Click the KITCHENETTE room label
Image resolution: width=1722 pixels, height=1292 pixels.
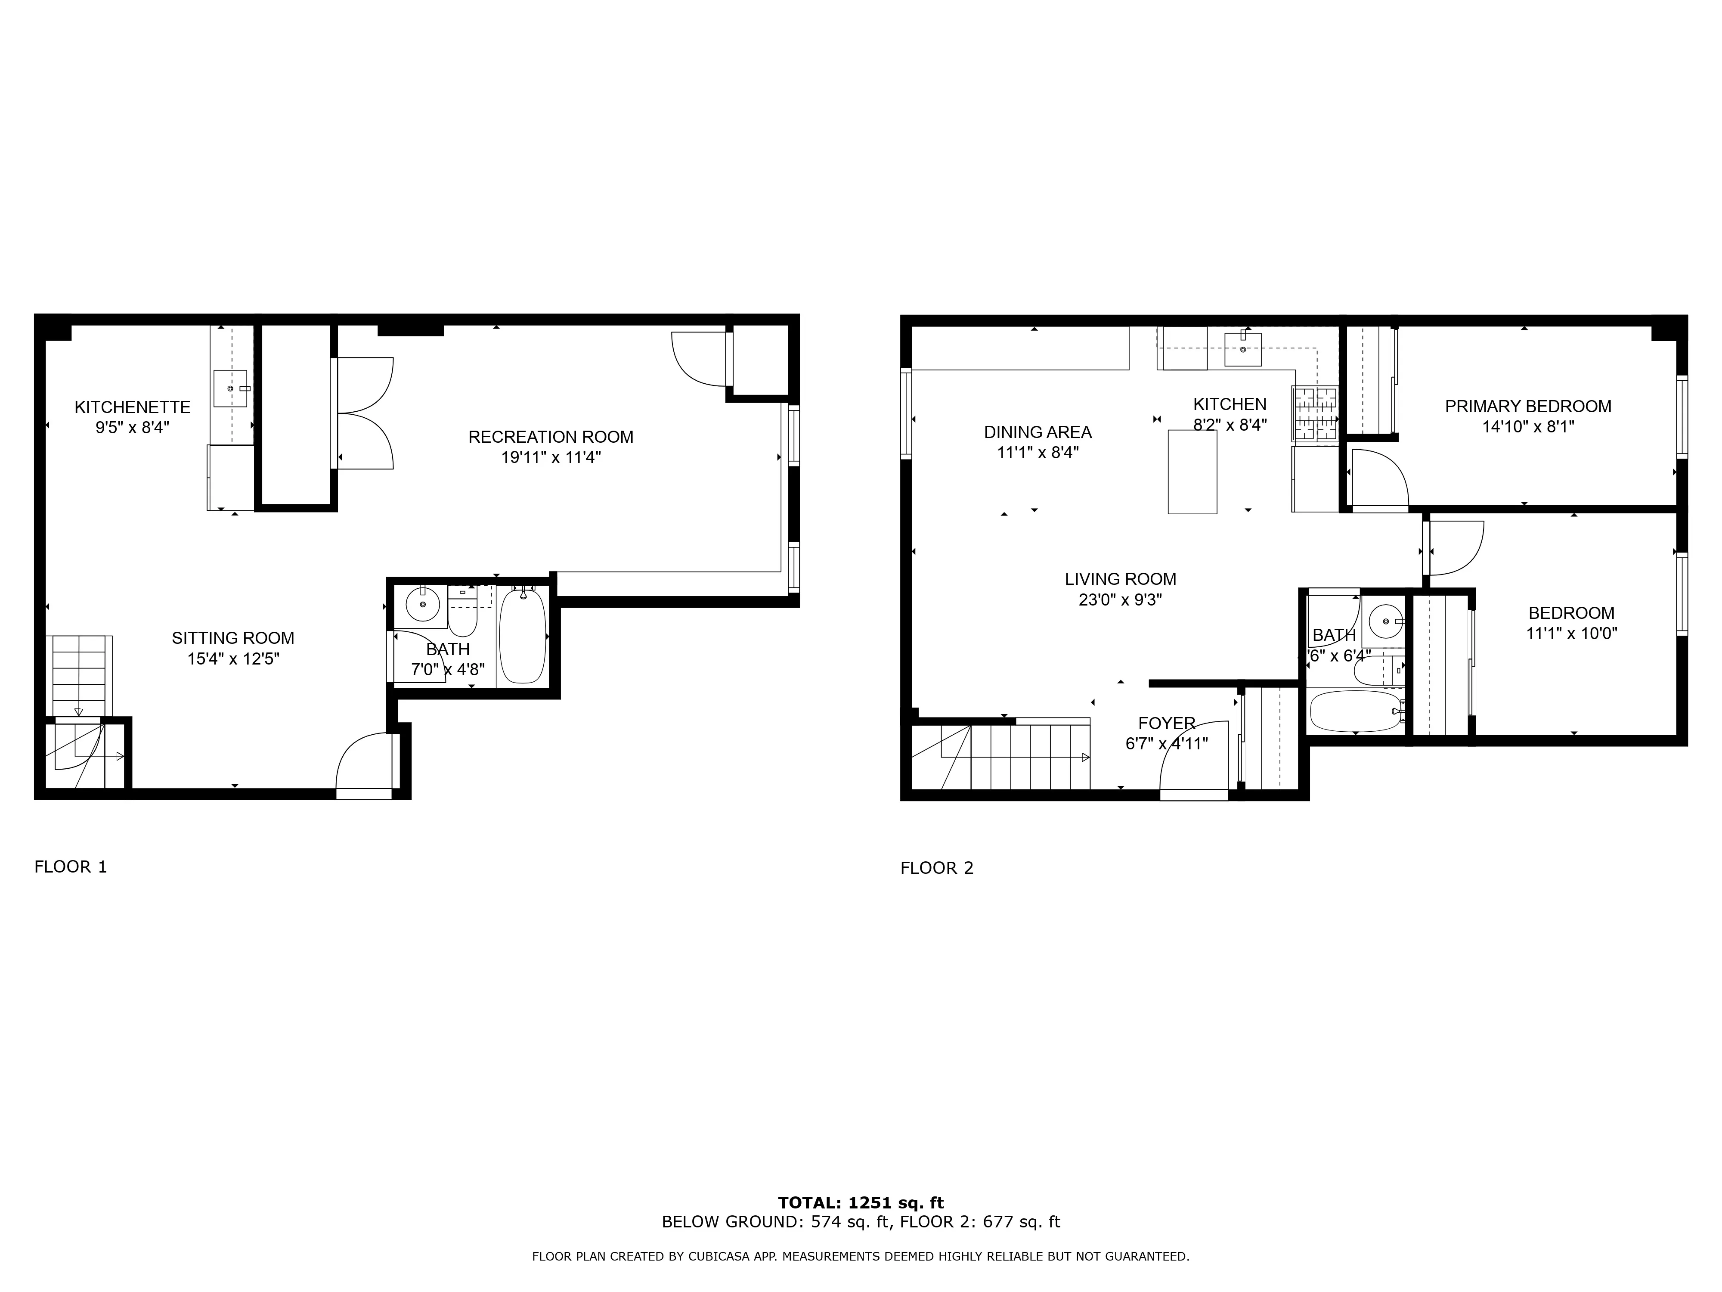click(132, 407)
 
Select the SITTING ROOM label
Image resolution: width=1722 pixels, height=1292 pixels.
click(233, 638)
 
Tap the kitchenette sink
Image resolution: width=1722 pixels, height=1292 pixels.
click(230, 388)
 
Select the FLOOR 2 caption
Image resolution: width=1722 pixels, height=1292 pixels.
click(936, 867)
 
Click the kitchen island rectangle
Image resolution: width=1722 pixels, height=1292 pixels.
click(1192, 472)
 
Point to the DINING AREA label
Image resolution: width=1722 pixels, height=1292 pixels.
click(1038, 432)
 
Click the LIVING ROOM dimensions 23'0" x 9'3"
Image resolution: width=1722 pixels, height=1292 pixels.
click(1120, 599)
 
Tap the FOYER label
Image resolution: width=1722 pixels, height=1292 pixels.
click(1166, 723)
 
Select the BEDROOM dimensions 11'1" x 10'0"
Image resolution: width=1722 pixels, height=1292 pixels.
click(1571, 633)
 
